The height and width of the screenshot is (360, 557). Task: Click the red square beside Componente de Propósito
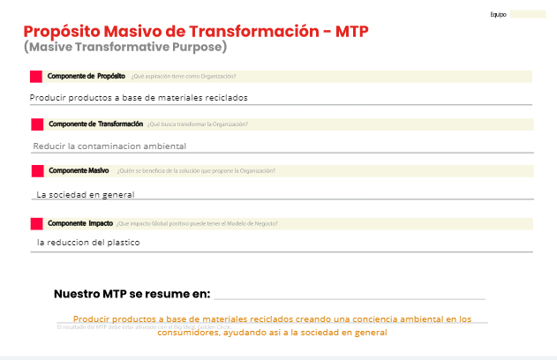[x=36, y=77]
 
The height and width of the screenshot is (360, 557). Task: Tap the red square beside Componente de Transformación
[x=37, y=124]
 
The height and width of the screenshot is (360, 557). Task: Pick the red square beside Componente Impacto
[x=36, y=223]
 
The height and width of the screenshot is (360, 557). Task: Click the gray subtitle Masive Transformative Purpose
[x=125, y=47]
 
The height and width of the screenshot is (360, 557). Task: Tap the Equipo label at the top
[x=498, y=14]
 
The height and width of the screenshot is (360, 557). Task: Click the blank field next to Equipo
[x=528, y=14]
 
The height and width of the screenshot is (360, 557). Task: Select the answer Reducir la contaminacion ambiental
[x=109, y=146]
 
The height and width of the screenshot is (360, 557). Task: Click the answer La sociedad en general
[x=85, y=194]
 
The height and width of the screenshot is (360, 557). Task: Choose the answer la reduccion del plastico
[x=88, y=242]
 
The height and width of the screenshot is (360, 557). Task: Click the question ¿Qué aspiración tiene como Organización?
[x=184, y=77]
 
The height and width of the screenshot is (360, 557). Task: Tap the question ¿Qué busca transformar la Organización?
[x=198, y=124]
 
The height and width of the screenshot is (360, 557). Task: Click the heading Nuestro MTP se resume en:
[x=132, y=293]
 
